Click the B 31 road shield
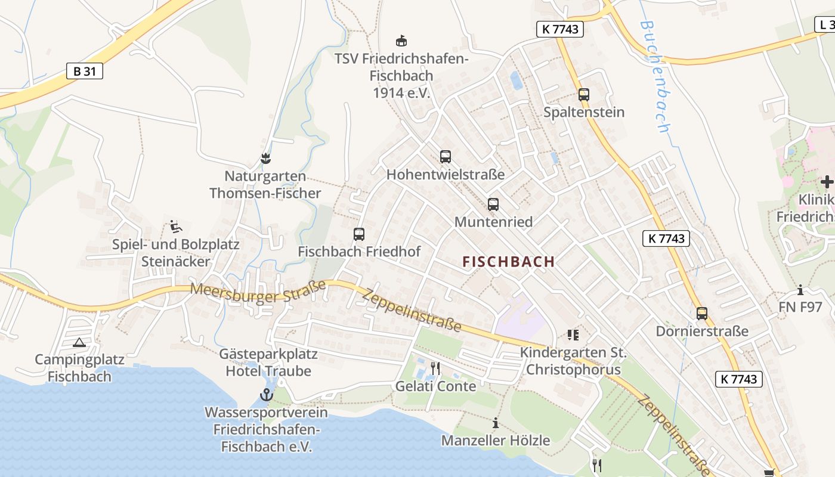(84, 72)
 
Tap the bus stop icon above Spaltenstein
(584, 95)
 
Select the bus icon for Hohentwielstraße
(446, 157)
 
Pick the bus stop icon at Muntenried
(493, 205)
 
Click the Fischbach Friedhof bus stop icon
(358, 234)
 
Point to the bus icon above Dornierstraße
(702, 314)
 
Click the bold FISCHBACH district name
(509, 261)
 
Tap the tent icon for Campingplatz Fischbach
(79, 343)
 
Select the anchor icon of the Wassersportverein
(266, 395)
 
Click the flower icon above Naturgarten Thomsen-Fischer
(265, 159)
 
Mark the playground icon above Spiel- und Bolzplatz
(175, 227)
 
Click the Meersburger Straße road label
(258, 289)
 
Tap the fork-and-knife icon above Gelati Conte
(435, 368)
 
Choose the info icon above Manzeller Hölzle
(495, 423)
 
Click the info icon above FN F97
(800, 290)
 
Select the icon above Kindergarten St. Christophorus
(573, 335)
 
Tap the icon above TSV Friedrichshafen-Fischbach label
(401, 41)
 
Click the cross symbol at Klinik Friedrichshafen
(827, 182)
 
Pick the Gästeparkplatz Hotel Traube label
(268, 363)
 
